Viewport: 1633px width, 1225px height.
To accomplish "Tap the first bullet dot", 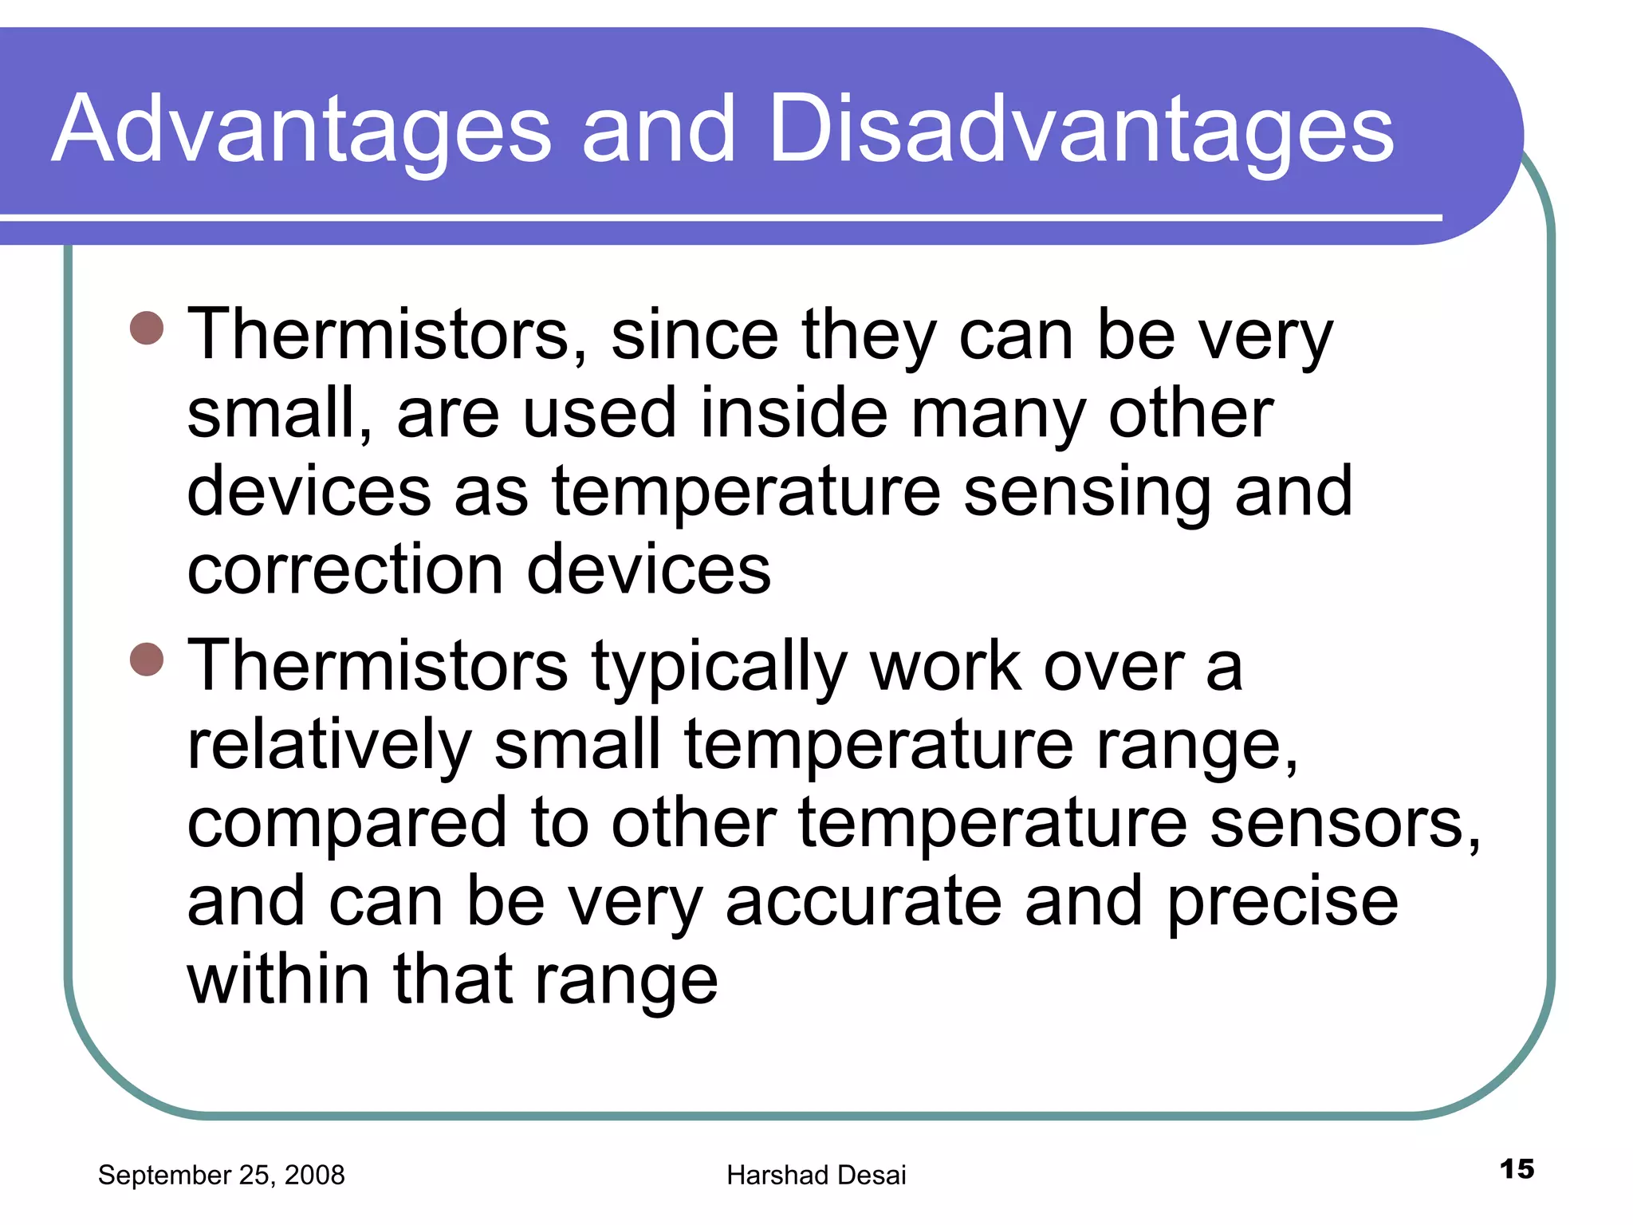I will [147, 328].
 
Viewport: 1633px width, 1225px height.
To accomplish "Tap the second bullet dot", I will [147, 659].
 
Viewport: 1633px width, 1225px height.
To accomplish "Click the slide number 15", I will [1516, 1169].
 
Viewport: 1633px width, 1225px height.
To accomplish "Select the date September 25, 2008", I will [221, 1175].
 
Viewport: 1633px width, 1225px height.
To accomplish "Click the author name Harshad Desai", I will [816, 1175].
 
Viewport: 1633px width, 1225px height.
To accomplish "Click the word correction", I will [344, 569].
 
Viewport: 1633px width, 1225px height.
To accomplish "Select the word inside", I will [793, 413].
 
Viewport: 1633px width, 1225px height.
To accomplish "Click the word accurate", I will [863, 902].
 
